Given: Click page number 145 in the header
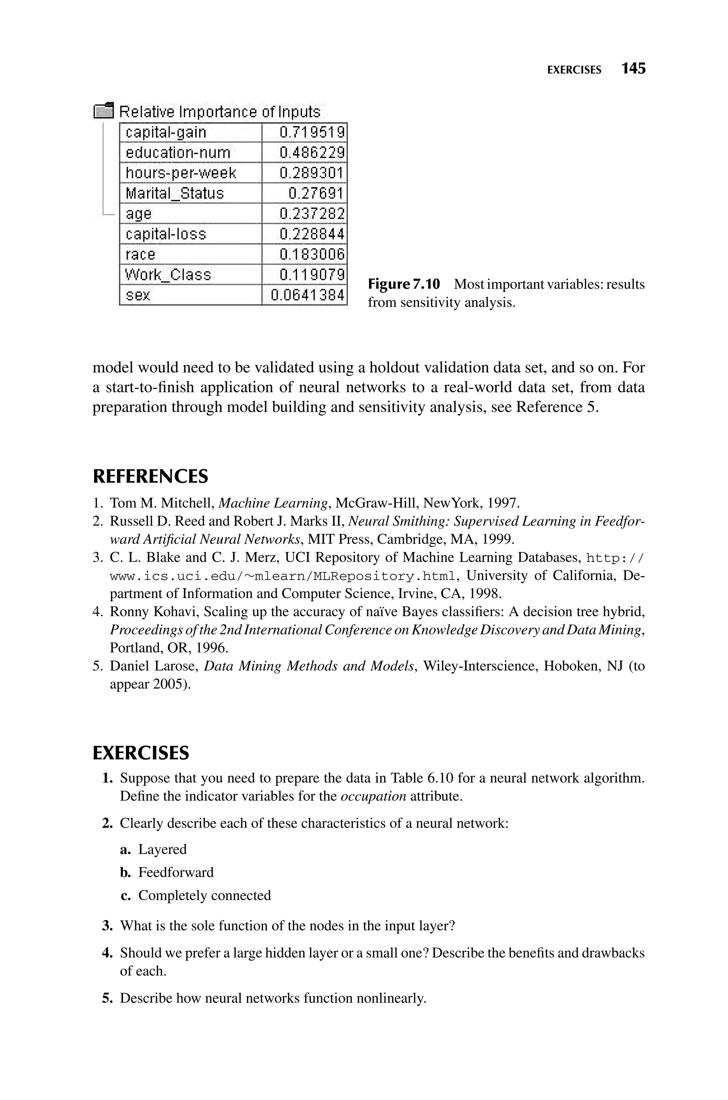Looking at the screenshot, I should coord(633,69).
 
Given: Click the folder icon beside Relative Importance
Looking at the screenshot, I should coord(103,111).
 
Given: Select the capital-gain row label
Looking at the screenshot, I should coord(166,133).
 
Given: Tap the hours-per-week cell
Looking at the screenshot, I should coord(181,173).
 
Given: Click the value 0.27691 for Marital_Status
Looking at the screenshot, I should coord(316,193).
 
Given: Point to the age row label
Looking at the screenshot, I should coord(138,214).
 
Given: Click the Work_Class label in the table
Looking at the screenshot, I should coord(168,275).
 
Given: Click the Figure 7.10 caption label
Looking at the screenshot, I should coord(403,284).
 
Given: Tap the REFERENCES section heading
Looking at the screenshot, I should coord(150,477).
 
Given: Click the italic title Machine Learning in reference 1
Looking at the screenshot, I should coord(273,503).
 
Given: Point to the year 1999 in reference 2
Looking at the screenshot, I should coord(497,539).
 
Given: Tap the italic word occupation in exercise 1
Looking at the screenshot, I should coord(373,796).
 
